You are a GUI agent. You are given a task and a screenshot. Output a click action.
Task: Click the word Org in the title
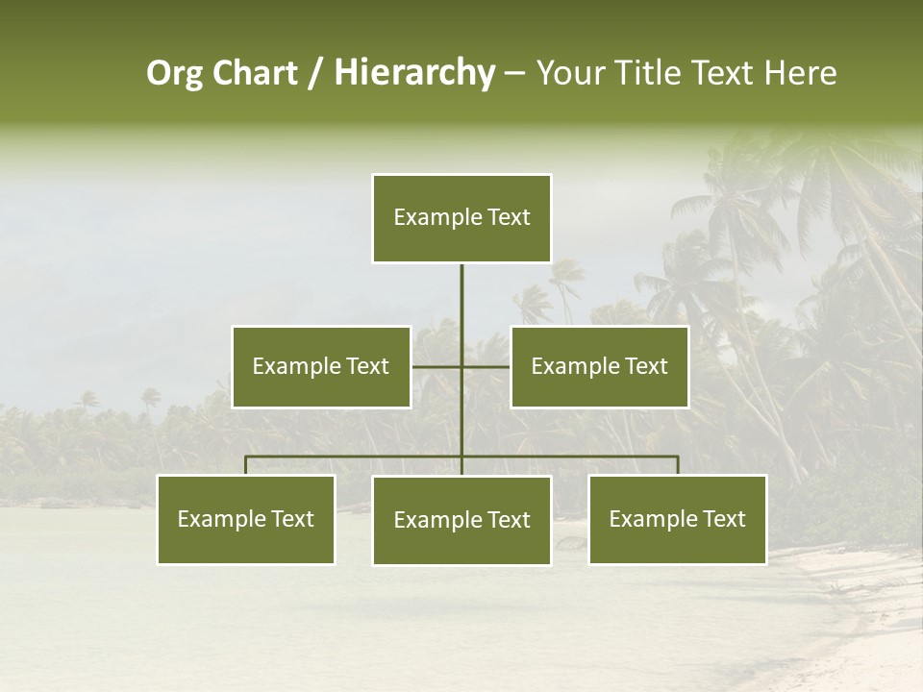coord(175,74)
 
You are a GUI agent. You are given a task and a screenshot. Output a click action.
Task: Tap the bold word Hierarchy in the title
coord(413,74)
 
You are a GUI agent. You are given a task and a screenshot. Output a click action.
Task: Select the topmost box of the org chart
coord(461,218)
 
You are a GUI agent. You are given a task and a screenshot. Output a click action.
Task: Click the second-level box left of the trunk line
coord(321,366)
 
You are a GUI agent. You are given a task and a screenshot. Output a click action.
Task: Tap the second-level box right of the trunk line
coord(599,366)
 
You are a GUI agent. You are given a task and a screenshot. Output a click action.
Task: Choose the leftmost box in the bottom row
coord(246,519)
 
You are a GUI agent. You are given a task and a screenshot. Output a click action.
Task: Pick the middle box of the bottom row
coord(461,520)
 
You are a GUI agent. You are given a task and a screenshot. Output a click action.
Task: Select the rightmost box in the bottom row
coord(678,519)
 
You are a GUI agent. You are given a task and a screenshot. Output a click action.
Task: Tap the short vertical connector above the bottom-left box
coord(246,465)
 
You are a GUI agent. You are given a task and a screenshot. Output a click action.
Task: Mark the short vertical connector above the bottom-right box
coord(678,465)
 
